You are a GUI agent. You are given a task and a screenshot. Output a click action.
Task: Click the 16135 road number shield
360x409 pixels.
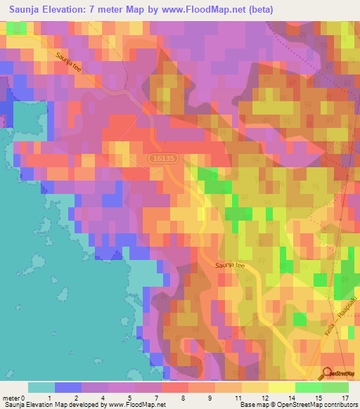(162, 160)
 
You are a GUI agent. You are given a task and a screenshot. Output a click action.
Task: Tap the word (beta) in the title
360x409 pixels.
(259, 10)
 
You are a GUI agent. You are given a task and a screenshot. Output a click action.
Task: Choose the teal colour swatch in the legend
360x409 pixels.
(41, 387)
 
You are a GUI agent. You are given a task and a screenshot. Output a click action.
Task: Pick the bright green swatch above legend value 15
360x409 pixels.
(308, 387)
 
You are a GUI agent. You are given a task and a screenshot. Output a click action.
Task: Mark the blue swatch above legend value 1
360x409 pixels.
(68, 387)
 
